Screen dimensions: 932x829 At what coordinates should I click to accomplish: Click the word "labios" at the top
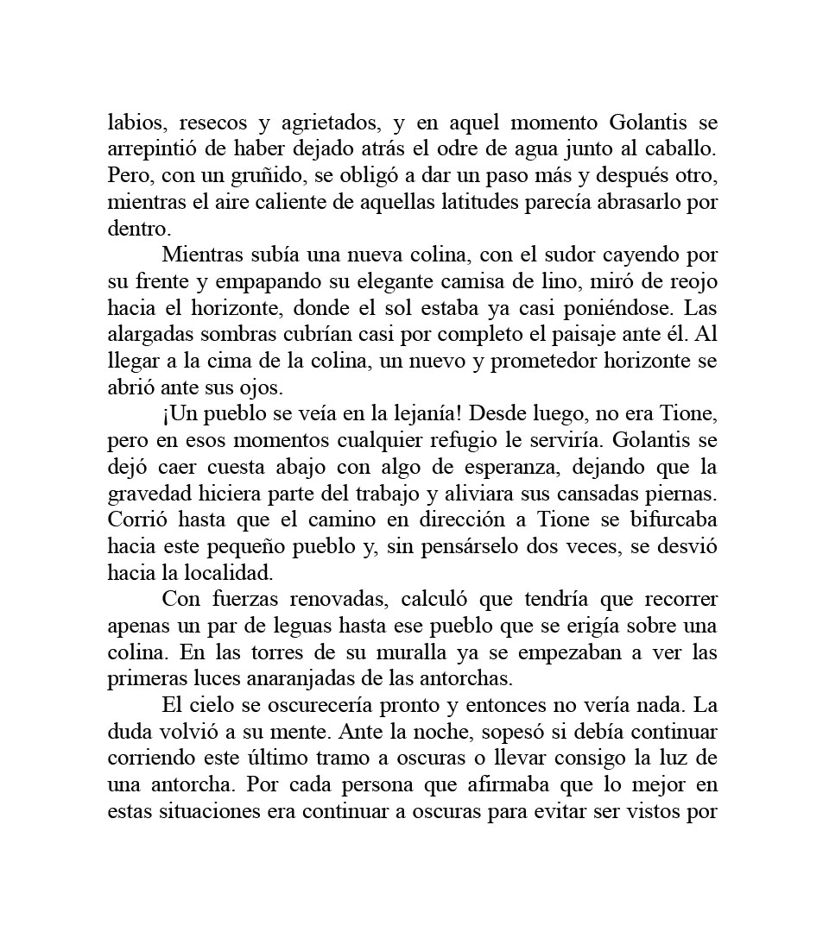tap(132, 122)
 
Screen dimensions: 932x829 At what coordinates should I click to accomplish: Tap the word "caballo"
tap(684, 148)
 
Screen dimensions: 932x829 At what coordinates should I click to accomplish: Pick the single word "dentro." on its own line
tap(139, 229)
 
